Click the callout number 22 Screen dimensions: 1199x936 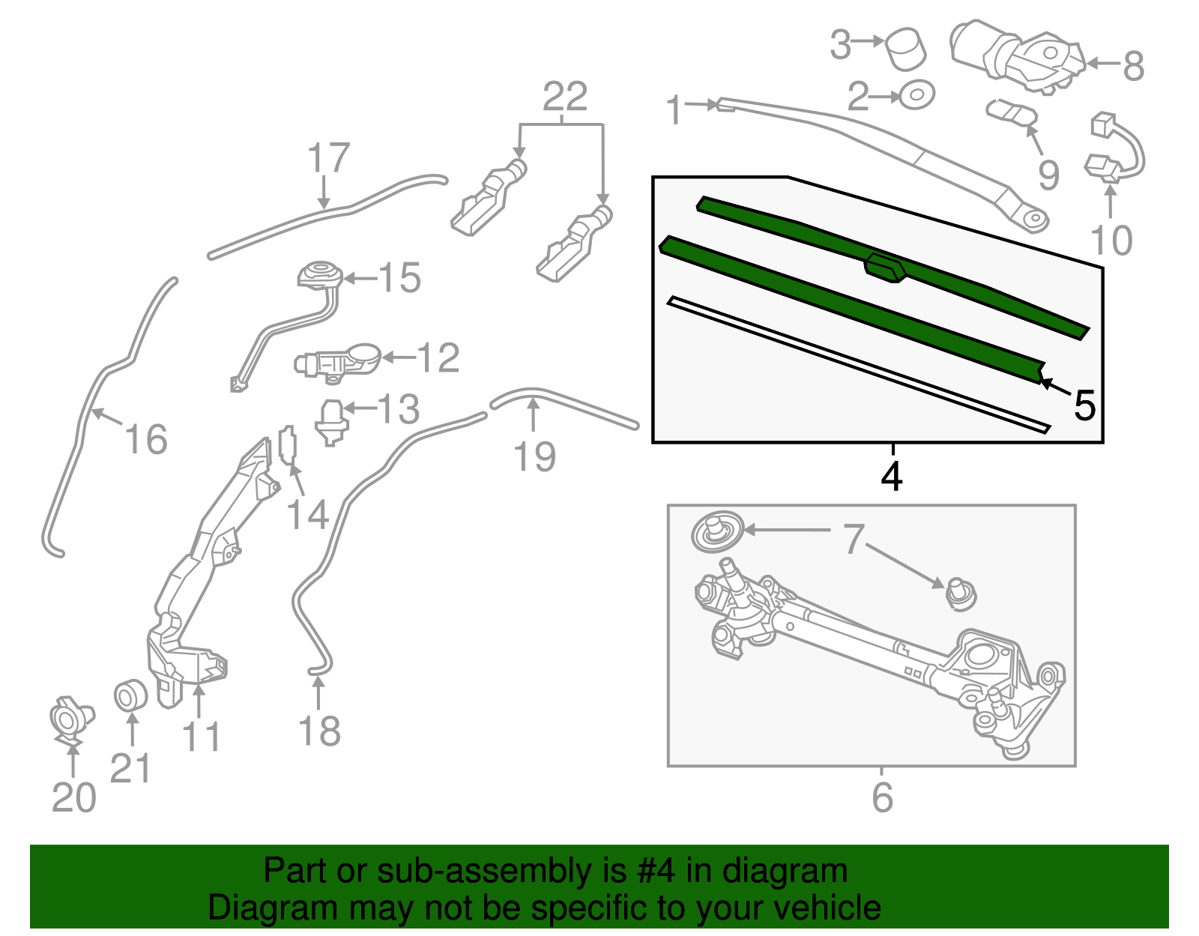(564, 97)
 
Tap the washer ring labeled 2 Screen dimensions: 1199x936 (916, 95)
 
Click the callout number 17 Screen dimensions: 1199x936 (328, 157)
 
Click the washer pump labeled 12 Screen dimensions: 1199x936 (337, 363)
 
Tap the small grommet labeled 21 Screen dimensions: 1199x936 (131, 696)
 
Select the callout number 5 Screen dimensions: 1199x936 (1084, 405)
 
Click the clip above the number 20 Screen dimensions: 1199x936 (71, 719)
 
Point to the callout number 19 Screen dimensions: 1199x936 (534, 456)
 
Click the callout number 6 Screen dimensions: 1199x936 (882, 797)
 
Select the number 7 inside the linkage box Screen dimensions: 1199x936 (853, 539)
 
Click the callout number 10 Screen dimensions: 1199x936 (1111, 241)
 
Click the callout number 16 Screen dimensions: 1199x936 (145, 439)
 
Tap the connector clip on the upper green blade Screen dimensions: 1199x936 (885, 268)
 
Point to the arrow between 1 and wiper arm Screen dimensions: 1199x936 (700, 104)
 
